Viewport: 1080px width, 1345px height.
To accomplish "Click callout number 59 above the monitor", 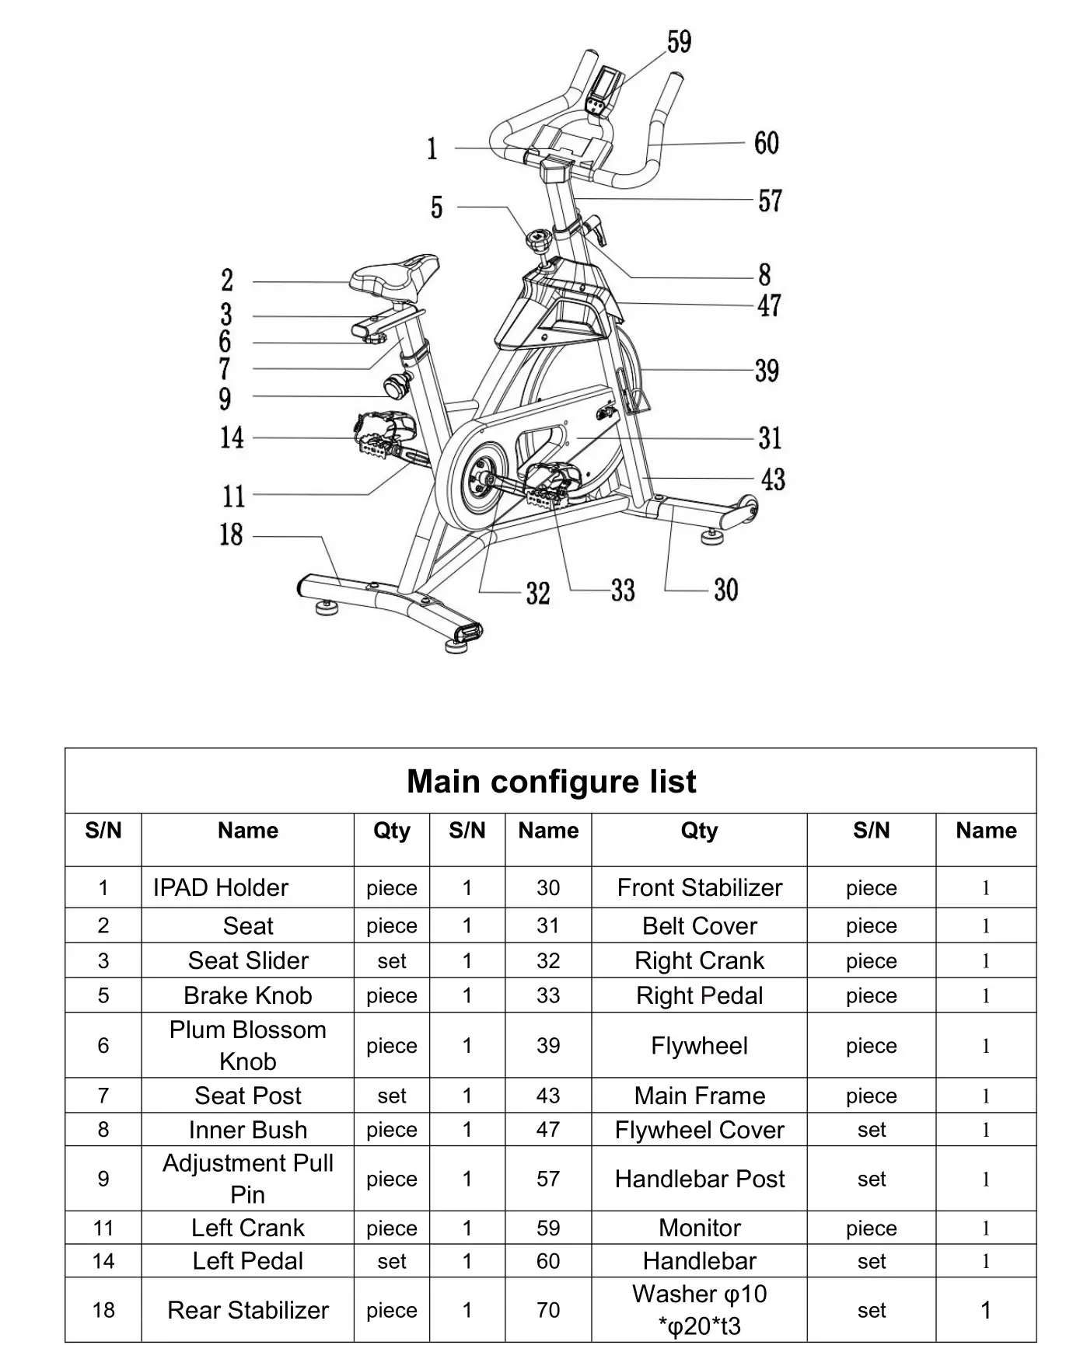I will pos(679,42).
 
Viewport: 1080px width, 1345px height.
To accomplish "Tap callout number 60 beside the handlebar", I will pos(766,143).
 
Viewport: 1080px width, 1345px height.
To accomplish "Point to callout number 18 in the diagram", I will pos(231,535).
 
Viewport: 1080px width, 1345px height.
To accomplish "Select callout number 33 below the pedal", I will pos(622,591).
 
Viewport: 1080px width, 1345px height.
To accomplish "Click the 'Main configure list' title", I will pos(550,782).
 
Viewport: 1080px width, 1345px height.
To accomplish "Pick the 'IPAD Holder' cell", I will pos(220,887).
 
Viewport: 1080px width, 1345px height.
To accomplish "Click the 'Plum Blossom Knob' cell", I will pos(247,1045).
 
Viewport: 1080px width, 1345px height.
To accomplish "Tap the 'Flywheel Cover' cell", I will pos(699,1130).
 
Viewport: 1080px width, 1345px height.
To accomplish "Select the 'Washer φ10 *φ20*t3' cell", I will pos(699,1310).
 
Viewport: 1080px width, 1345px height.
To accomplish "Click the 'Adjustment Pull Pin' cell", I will pos(247,1179).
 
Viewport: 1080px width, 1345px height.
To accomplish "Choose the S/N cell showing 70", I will pos(547,1310).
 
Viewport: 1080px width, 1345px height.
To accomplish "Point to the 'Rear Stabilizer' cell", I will pos(247,1310).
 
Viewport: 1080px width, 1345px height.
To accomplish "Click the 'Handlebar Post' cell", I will pos(699,1179).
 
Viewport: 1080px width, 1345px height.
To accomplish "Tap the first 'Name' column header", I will pos(247,831).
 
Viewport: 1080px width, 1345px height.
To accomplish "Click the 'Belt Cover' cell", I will pos(699,926).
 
